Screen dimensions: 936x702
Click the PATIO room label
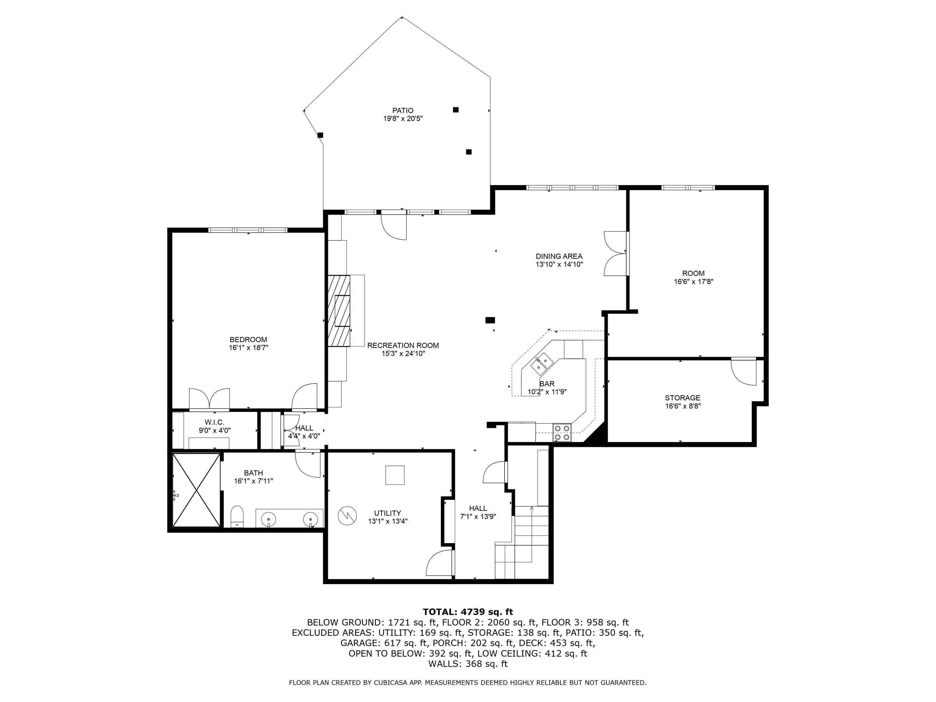(402, 110)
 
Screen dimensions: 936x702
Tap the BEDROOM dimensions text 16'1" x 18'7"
(248, 347)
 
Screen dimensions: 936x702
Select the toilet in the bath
(237, 517)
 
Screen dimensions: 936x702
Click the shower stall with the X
(196, 490)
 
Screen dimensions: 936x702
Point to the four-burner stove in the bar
(562, 432)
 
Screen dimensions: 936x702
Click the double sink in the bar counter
(542, 363)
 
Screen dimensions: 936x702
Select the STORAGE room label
(683, 398)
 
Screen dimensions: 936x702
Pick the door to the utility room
(440, 563)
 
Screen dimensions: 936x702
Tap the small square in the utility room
(395, 475)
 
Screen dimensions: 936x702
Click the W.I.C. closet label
(215, 422)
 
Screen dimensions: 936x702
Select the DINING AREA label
(559, 256)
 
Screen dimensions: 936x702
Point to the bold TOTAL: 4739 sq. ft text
(468, 612)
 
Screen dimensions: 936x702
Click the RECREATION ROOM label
(403, 345)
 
